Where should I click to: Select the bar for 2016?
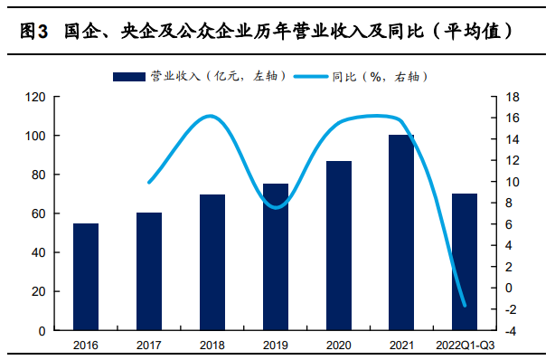click(x=86, y=277)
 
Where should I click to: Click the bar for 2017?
click(x=149, y=271)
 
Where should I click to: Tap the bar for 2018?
click(x=212, y=262)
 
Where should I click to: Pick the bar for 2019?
click(x=276, y=257)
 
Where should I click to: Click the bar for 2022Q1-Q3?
click(x=465, y=262)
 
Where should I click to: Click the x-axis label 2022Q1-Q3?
click(x=465, y=345)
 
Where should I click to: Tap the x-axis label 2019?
click(x=276, y=345)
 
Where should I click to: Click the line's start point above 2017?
click(x=149, y=182)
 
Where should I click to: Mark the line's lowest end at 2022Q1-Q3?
click(x=465, y=305)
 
